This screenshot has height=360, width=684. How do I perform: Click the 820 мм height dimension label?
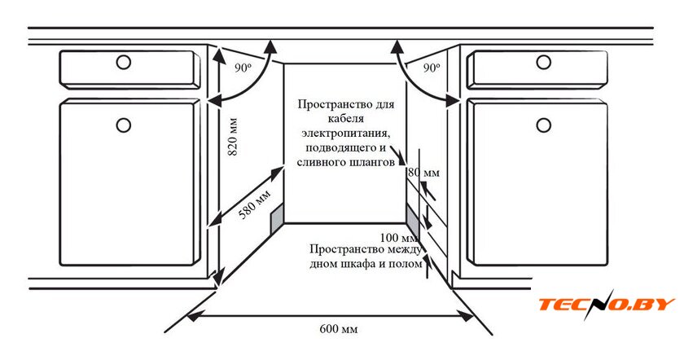233,137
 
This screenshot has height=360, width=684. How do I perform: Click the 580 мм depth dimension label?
255,204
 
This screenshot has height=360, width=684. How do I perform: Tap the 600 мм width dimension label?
339,328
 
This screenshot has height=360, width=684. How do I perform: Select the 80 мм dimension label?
424,173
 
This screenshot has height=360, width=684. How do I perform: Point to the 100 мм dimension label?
399,237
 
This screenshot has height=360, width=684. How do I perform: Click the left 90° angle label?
243,68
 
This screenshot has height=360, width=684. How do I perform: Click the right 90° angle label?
431,68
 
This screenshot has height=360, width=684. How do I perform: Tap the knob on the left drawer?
124,63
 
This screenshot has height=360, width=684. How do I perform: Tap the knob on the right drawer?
544,62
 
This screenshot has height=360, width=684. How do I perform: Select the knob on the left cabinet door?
124,125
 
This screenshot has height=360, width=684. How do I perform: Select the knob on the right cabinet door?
544,125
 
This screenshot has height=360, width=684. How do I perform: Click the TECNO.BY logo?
607,305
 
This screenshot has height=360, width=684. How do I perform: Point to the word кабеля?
345,118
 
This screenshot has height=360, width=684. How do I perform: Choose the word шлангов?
373,163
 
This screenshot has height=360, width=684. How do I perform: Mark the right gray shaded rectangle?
413,219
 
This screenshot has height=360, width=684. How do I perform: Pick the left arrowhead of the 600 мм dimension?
192,315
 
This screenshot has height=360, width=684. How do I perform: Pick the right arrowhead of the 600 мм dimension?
467,316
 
